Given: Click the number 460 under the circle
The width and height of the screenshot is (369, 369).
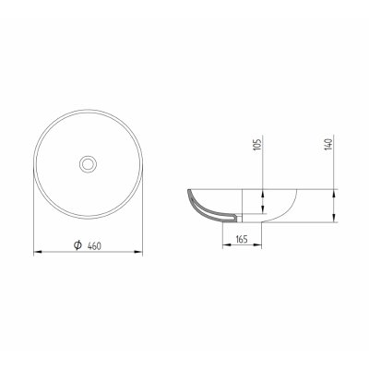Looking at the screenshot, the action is [x=94, y=246].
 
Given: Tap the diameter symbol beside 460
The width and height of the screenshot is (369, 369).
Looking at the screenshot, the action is [x=77, y=245].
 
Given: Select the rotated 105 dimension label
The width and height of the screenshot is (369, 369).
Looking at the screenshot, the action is [x=257, y=144].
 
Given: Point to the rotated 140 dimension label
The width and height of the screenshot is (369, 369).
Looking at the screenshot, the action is [x=328, y=144].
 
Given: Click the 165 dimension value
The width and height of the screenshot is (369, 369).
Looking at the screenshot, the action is [x=242, y=239].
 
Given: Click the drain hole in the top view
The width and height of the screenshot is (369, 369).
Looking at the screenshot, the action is [x=88, y=164].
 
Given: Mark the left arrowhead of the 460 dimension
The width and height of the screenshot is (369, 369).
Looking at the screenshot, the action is [x=38, y=252].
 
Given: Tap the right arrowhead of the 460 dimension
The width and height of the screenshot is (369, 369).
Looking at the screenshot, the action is [x=138, y=252].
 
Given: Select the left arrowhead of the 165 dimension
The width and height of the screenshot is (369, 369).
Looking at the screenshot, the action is [x=227, y=244].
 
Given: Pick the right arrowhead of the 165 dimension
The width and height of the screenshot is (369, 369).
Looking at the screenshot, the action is [x=257, y=244].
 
